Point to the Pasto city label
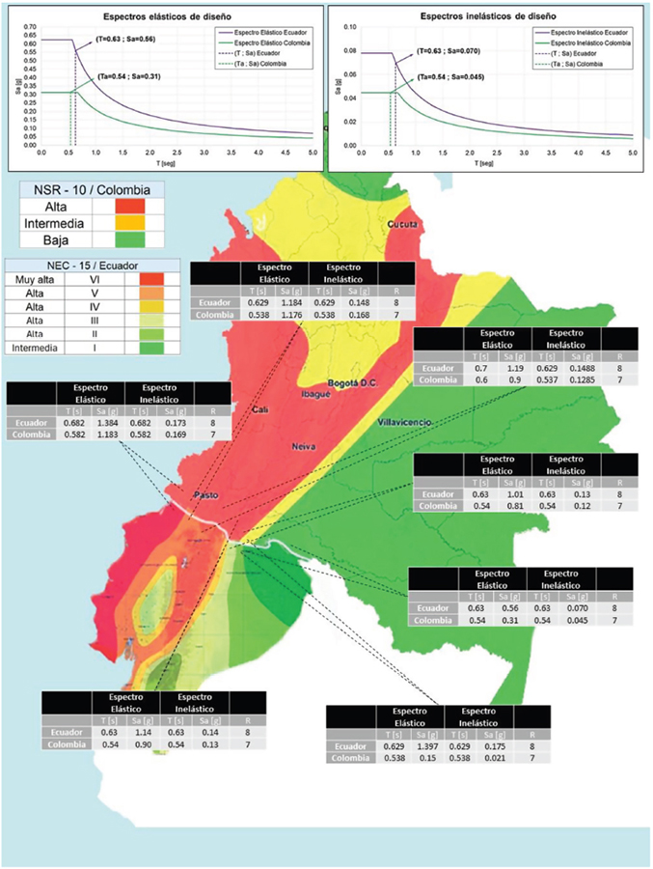point(204,495)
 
